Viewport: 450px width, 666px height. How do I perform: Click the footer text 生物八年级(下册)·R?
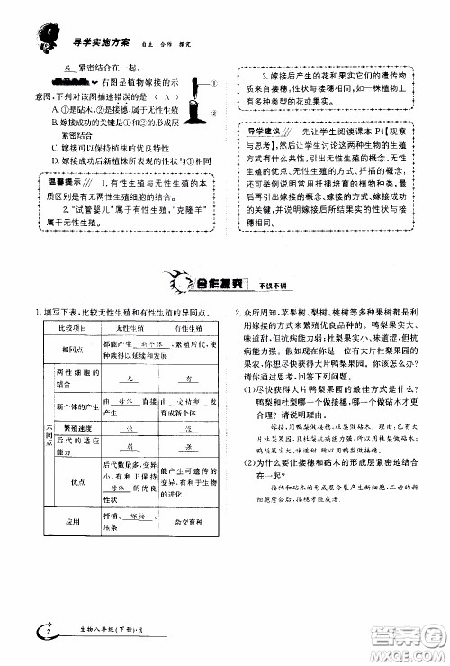[x=98, y=637]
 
